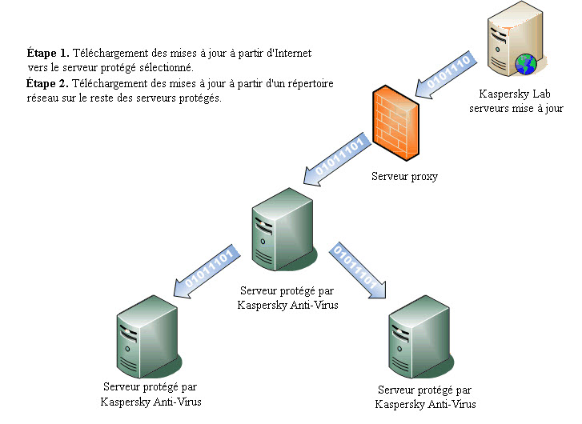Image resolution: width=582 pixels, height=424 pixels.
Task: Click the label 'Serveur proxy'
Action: click(404, 176)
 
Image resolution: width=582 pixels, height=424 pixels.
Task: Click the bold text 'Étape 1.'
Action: click(48, 54)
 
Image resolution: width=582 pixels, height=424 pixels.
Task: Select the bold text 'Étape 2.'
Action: click(48, 84)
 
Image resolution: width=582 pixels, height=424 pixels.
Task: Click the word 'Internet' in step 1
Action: click(291, 54)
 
